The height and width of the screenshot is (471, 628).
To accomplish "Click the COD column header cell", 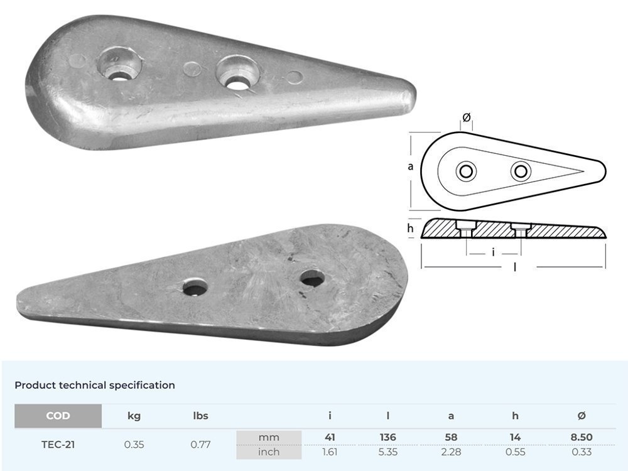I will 58,416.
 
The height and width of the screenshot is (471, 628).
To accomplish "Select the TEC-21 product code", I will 58,444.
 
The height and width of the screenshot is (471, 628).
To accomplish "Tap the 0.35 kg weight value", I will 134,444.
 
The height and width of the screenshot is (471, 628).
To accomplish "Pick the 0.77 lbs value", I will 200,444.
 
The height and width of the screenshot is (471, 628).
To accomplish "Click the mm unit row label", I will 269,437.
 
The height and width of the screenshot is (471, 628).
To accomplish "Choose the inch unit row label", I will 269,452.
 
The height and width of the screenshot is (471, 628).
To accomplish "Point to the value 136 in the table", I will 388,437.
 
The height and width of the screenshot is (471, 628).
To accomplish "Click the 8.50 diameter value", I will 582,437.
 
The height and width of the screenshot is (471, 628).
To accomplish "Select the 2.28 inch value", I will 451,452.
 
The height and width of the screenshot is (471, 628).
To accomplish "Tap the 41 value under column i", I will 330,437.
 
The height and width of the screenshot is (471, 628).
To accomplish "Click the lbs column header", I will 200,416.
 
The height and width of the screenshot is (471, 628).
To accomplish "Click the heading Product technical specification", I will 95,385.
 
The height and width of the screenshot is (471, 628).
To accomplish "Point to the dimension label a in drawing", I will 410,166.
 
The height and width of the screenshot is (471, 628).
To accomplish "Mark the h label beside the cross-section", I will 411,229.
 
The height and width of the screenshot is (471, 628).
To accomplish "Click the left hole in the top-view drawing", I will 466,171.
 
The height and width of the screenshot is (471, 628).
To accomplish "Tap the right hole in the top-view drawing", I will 521,171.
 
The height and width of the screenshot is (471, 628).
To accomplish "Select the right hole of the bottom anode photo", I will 312,278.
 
